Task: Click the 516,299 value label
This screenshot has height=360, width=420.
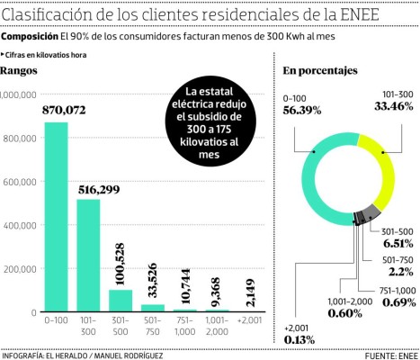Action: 105,189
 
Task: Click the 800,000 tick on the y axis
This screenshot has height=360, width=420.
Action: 18,137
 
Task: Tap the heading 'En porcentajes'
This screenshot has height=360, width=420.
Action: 320,70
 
